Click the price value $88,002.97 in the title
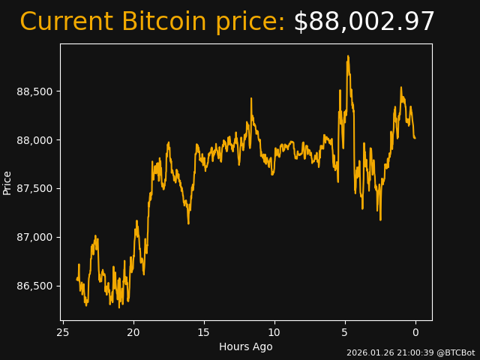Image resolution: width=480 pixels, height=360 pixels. [364, 22]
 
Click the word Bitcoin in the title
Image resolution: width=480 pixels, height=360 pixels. [163, 22]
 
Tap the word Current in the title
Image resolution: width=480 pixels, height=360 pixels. [67, 22]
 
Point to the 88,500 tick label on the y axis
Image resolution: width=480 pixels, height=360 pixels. [34, 91]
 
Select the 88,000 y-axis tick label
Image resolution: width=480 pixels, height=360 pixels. [34, 140]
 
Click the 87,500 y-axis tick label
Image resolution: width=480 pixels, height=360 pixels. [34, 188]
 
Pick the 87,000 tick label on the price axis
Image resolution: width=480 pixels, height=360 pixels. [34, 237]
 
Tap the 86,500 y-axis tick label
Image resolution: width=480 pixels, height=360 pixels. [34, 286]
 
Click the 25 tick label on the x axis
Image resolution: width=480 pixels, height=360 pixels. [63, 332]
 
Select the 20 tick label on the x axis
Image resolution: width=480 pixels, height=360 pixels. [133, 332]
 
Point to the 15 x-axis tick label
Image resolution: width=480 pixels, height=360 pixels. [204, 332]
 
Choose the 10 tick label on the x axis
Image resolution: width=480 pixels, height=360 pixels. [274, 332]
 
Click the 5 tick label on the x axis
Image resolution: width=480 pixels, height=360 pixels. [345, 332]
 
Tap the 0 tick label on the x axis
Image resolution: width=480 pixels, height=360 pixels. [415, 332]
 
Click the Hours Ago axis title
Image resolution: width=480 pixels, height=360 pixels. [246, 346]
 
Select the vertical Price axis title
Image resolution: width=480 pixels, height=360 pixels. [7, 182]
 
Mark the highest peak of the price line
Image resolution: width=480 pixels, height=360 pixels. [348, 56]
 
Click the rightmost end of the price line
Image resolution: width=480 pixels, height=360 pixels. [415, 138]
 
